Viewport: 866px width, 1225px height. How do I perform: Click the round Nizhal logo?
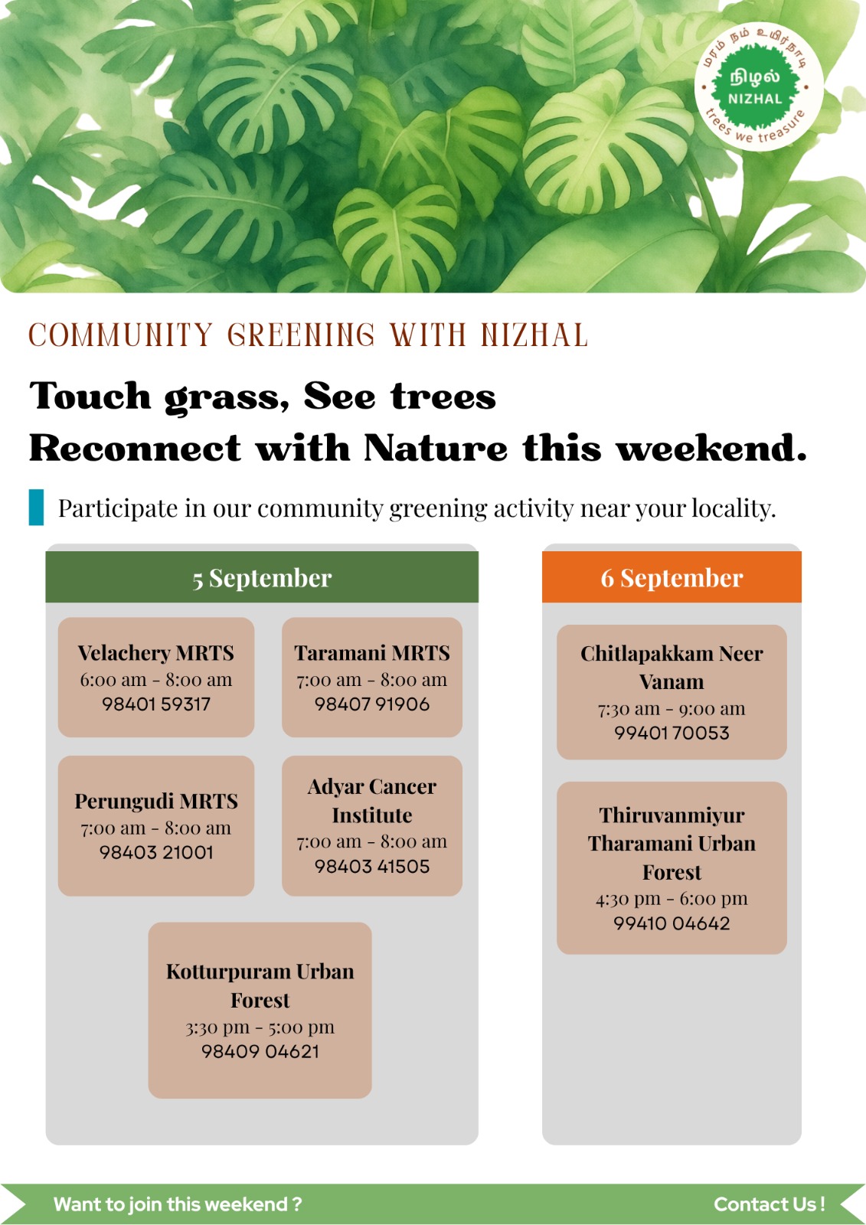point(759,87)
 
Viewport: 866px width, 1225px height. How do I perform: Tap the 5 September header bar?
point(262,577)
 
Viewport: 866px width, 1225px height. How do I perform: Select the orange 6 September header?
point(672,577)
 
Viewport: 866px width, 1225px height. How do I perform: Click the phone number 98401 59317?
point(156,704)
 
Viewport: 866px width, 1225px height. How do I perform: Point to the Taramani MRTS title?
point(372,653)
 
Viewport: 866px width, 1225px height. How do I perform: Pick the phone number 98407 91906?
point(372,704)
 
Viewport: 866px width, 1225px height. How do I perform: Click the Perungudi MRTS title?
point(156,801)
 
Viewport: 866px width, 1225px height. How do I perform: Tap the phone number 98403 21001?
point(156,852)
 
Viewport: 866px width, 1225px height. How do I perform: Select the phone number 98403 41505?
point(372,866)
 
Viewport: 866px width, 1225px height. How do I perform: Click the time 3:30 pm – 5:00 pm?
point(260,1027)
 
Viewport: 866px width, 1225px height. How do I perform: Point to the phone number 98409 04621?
point(260,1052)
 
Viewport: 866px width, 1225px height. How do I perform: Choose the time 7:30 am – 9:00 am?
point(672,709)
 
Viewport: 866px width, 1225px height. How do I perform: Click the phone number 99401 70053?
point(672,733)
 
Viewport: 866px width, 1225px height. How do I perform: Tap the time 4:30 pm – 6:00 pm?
point(672,899)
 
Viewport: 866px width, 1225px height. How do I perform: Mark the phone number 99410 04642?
point(672,923)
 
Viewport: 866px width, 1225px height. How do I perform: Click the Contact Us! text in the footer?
point(770,1204)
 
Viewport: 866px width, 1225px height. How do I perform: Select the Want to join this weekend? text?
point(177,1204)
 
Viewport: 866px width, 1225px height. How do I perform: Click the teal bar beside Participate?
point(36,508)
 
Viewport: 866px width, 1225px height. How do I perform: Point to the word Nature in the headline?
point(436,448)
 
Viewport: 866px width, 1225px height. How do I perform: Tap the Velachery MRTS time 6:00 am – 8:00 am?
point(156,680)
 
